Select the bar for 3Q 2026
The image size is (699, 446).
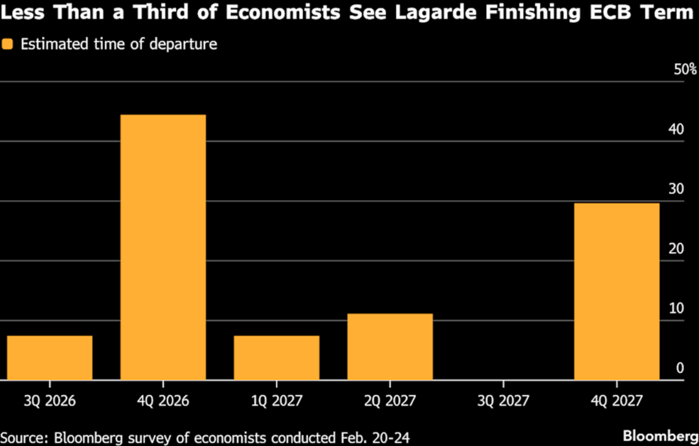pyautogui.click(x=50, y=357)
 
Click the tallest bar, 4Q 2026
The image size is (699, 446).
pyautogui.click(x=163, y=247)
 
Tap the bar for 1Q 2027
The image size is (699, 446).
pyautogui.click(x=276, y=357)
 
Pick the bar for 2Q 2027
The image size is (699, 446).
pyautogui.click(x=390, y=346)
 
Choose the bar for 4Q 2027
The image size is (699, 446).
pyautogui.click(x=617, y=291)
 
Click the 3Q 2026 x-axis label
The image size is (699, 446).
pyautogui.click(x=50, y=401)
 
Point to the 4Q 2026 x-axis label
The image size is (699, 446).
pyautogui.click(x=163, y=401)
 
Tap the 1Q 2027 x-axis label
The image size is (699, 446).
pyautogui.click(x=276, y=401)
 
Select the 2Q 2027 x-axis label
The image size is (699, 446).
pyautogui.click(x=390, y=401)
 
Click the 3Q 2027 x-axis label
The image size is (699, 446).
pyautogui.click(x=504, y=401)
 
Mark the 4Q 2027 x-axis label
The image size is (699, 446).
pyautogui.click(x=617, y=401)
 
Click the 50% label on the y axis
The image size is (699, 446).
pyautogui.click(x=685, y=69)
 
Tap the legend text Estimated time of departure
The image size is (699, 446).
pyautogui.click(x=118, y=44)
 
